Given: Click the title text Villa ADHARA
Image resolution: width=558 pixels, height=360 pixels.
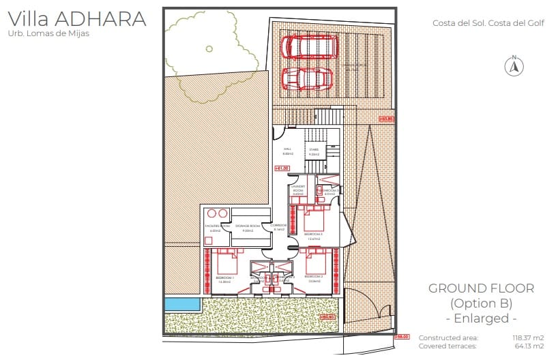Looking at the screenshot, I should [x=76, y=18].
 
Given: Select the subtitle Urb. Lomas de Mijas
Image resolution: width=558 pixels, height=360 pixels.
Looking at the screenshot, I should [x=48, y=33].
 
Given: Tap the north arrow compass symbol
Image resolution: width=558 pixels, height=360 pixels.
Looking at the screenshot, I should [x=514, y=65].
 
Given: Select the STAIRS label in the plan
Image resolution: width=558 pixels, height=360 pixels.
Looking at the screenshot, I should [x=314, y=151].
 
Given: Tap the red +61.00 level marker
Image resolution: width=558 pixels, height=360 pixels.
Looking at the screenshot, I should [x=282, y=168].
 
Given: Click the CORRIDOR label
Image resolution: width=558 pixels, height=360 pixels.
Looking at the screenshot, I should [x=278, y=226].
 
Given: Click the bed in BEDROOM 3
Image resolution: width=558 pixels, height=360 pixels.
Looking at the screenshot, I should [x=314, y=220].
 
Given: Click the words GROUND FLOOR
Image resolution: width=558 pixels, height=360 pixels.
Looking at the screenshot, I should [x=481, y=288].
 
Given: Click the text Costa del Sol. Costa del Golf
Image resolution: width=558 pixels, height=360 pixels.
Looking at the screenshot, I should [x=488, y=22].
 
